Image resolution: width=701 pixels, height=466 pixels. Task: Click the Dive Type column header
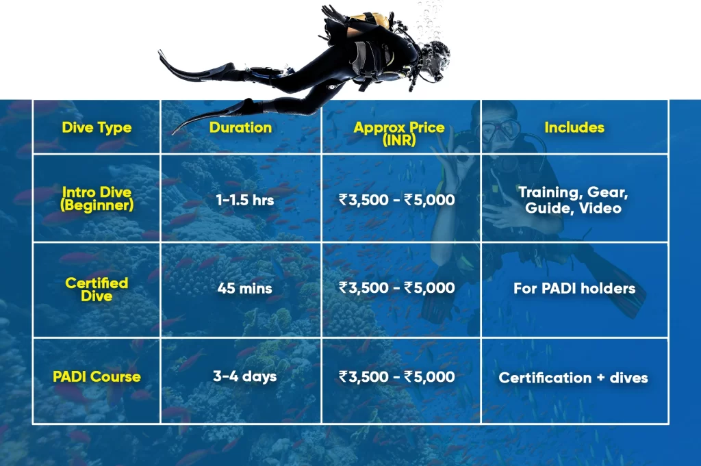(97, 127)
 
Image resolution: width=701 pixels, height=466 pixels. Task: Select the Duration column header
(240, 127)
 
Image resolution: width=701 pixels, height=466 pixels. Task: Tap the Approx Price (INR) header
(399, 133)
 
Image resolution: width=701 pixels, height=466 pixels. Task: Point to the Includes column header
(574, 127)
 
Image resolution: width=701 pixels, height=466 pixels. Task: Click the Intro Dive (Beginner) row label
(97, 198)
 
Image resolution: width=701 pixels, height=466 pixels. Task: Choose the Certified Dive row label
(97, 288)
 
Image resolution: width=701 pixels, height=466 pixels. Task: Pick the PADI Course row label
(97, 376)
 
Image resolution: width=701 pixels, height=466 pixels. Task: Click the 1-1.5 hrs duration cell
(240, 200)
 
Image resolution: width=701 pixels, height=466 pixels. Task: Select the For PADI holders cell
(574, 288)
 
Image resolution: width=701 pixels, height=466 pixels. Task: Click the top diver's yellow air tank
(377, 21)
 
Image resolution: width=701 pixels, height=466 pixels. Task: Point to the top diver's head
(435, 59)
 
